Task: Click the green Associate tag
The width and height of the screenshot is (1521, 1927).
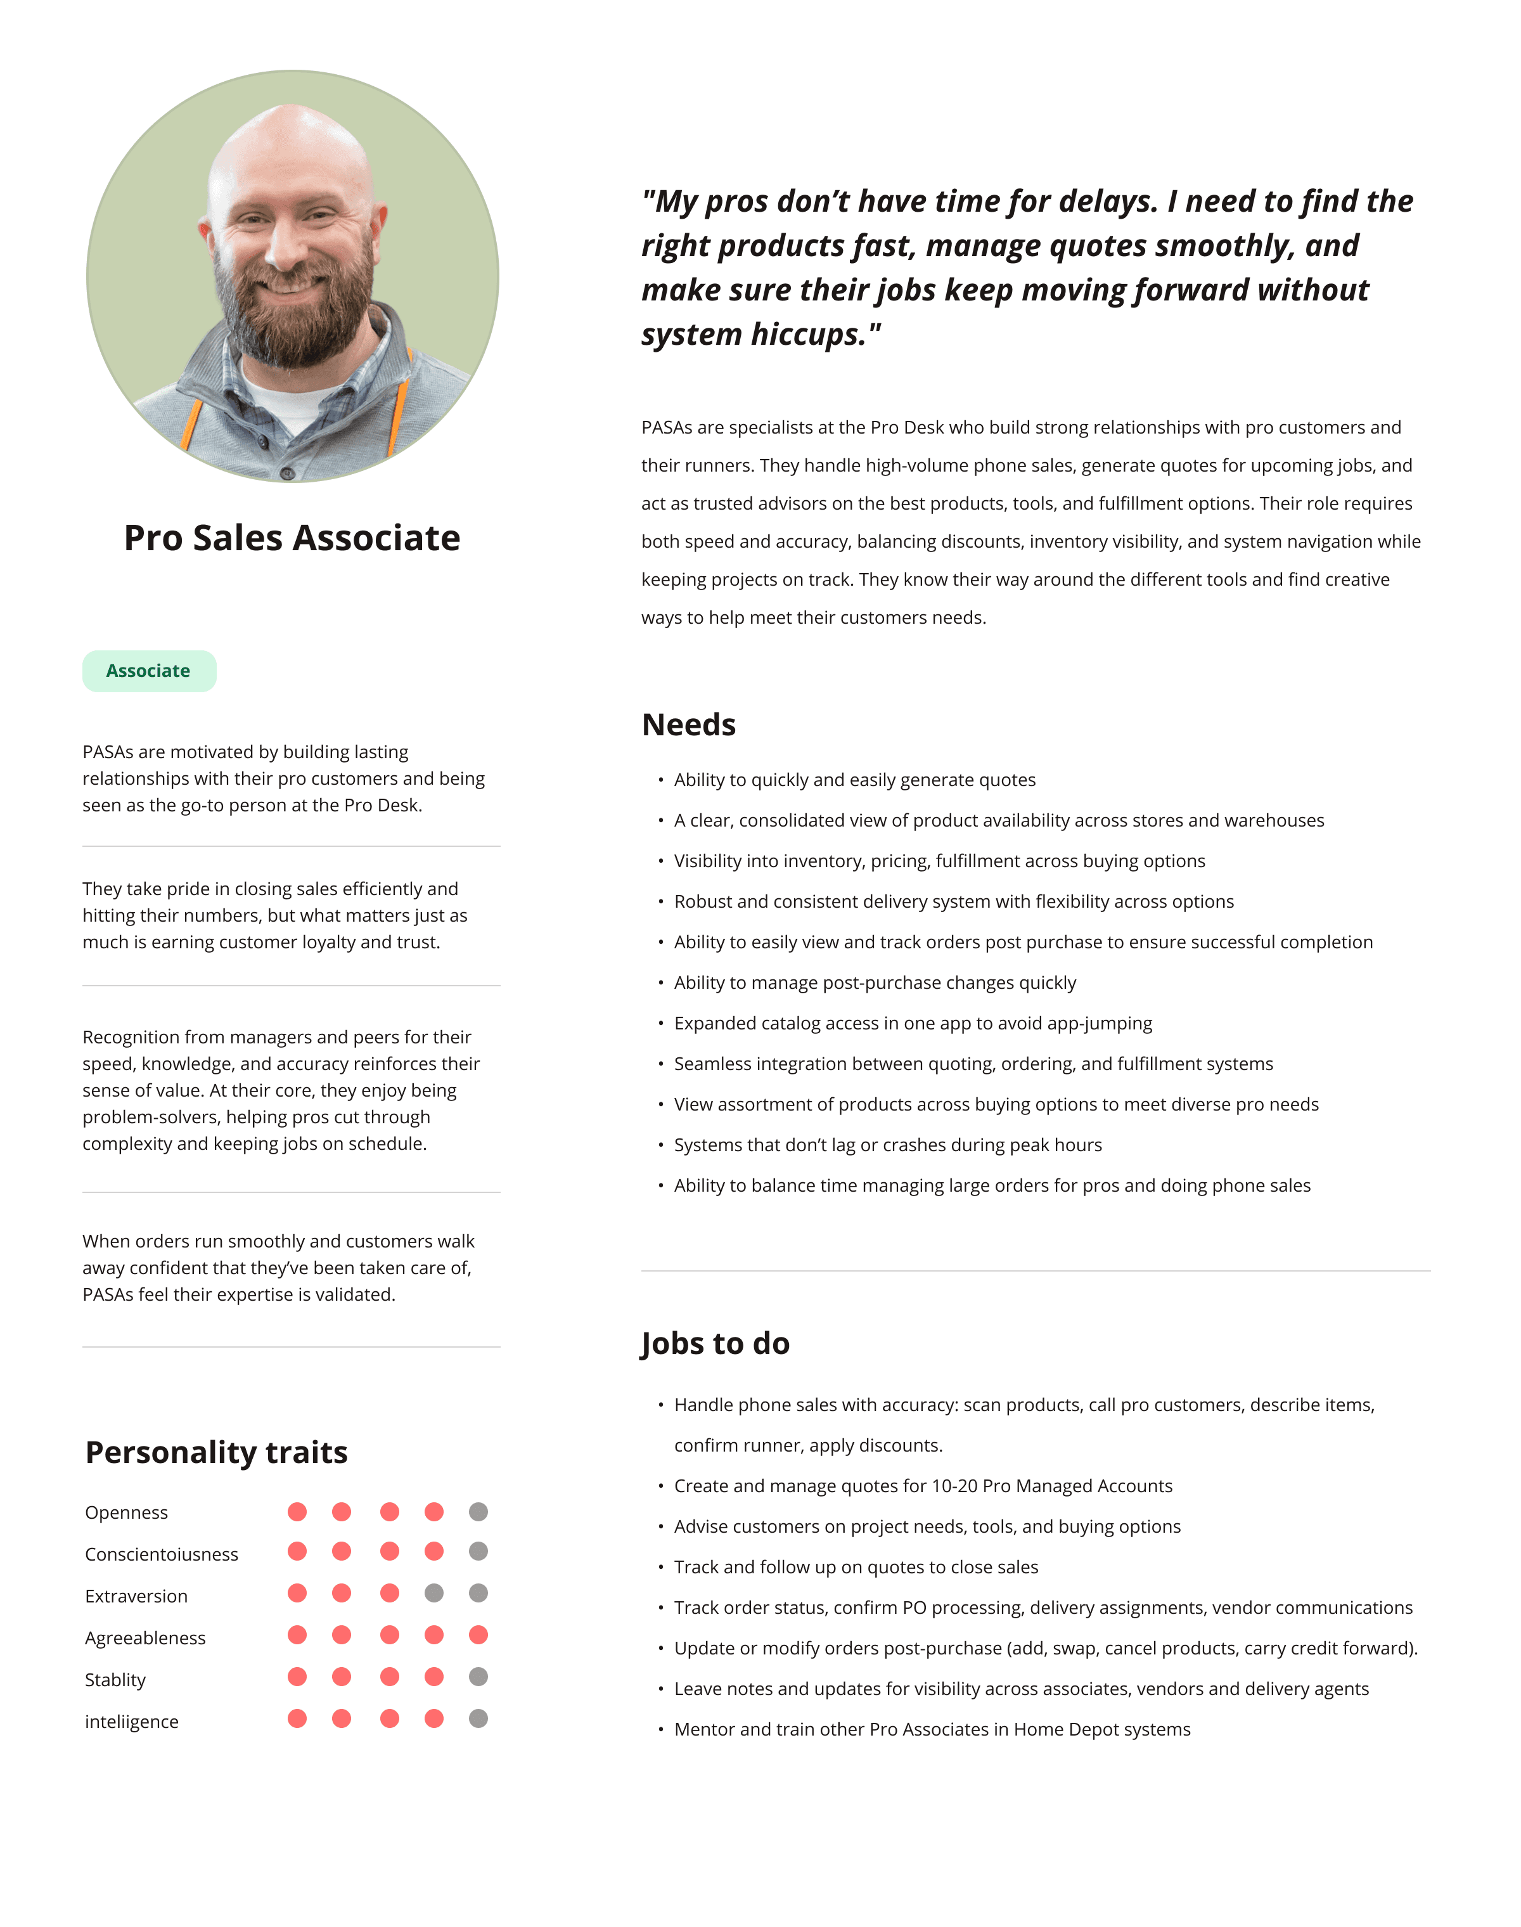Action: pos(149,671)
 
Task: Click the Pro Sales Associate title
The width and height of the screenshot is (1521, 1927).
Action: pos(292,538)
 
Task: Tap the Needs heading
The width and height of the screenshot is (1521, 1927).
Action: pos(688,725)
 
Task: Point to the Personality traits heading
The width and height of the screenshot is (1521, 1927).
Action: pos(216,1452)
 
